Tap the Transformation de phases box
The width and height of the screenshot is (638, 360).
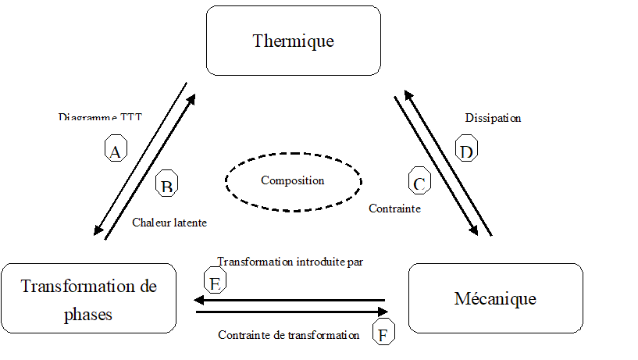[x=88, y=298]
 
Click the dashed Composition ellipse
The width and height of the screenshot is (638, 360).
[x=293, y=180]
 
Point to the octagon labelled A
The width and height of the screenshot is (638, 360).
[x=116, y=148]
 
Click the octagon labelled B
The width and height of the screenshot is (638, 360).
[x=167, y=184]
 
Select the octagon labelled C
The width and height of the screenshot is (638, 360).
[x=419, y=182]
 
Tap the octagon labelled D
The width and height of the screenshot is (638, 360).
[x=467, y=148]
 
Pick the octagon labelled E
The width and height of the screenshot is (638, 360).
[x=214, y=280]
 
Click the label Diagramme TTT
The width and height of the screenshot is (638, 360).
[x=100, y=118]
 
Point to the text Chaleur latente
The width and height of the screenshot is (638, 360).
[x=169, y=223]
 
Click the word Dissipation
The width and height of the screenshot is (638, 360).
[x=493, y=119]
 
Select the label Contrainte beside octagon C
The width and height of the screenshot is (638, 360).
[x=394, y=209]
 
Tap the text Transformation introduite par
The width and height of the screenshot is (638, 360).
[x=290, y=262]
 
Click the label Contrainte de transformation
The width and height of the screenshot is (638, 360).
[x=288, y=335]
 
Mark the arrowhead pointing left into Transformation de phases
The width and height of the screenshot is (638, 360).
[x=200, y=300]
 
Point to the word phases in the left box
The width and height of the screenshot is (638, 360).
[x=88, y=315]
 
